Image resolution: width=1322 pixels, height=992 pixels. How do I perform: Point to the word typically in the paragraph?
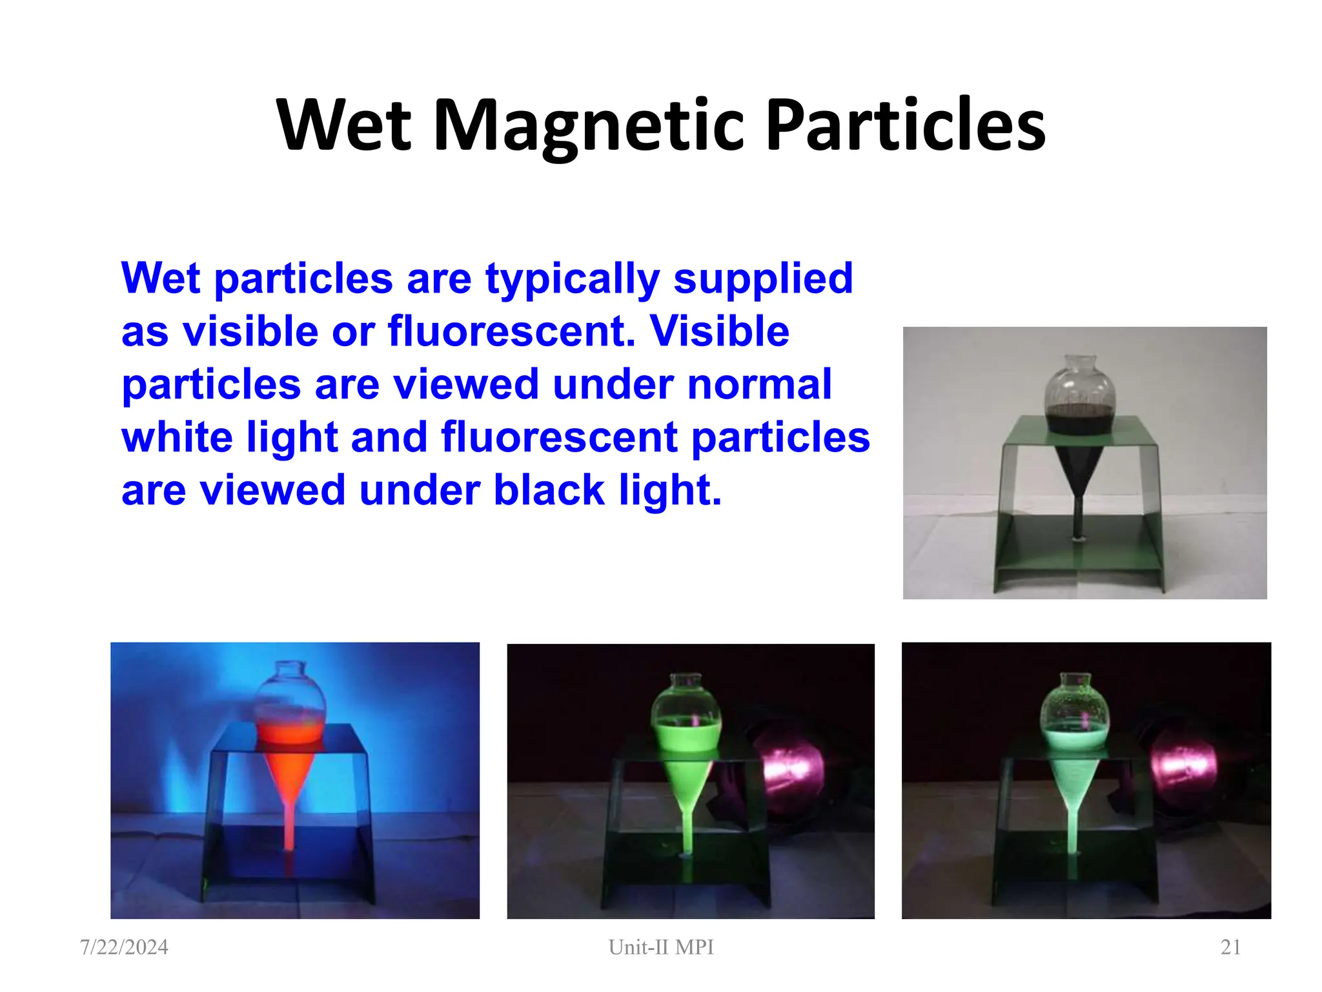[572, 279]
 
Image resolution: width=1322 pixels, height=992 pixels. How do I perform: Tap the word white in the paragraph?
[178, 437]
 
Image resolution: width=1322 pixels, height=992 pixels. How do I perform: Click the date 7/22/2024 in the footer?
[124, 947]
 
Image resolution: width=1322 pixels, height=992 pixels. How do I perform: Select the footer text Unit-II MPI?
[661, 947]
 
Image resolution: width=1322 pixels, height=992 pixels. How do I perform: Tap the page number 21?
[1230, 947]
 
